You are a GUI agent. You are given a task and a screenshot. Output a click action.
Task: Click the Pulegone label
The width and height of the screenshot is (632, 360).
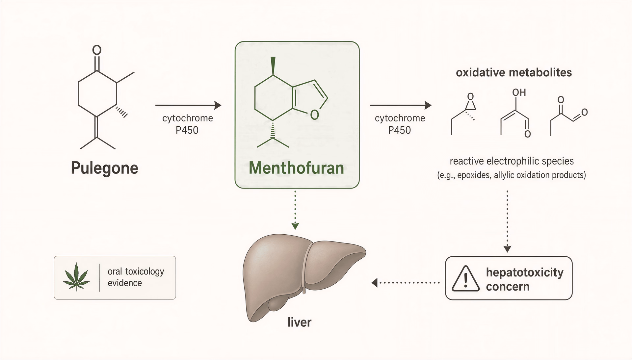coord(104,168)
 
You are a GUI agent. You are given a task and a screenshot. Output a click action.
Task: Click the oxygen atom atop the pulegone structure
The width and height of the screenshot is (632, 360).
coord(96,50)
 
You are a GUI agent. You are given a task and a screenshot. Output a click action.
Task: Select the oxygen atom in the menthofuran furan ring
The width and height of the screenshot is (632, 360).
coord(314,114)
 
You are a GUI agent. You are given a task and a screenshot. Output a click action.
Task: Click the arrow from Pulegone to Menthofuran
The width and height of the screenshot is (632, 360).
coord(188,105)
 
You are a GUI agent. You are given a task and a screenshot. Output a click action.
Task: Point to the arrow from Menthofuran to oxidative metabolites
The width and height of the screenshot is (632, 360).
coord(401,105)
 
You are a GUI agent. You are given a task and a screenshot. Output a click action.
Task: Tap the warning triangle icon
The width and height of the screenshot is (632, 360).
coord(465,278)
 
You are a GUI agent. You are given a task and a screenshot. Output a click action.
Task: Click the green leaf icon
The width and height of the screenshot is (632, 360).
coord(76,276)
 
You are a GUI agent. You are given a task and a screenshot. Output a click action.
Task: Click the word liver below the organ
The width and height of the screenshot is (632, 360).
coord(299,322)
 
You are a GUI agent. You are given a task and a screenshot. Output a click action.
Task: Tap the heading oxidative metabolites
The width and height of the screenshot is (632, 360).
coord(514,72)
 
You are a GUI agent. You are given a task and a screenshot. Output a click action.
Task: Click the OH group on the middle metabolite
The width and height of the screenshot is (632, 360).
coord(519,92)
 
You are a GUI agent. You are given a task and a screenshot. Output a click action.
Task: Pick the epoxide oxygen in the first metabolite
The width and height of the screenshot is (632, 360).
coord(470,96)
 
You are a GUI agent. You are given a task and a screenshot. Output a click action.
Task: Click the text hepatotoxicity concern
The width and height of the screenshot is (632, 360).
coord(525,279)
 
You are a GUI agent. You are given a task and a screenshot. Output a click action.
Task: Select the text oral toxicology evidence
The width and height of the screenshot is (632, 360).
coord(136,277)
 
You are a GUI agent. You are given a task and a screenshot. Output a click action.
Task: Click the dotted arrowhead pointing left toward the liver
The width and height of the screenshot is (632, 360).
coord(375,282)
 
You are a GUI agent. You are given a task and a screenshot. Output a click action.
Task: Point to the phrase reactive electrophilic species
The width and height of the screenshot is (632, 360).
coord(512,161)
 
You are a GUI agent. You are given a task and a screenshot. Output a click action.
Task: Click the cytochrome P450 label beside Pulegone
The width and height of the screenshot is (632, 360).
coord(188,124)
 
